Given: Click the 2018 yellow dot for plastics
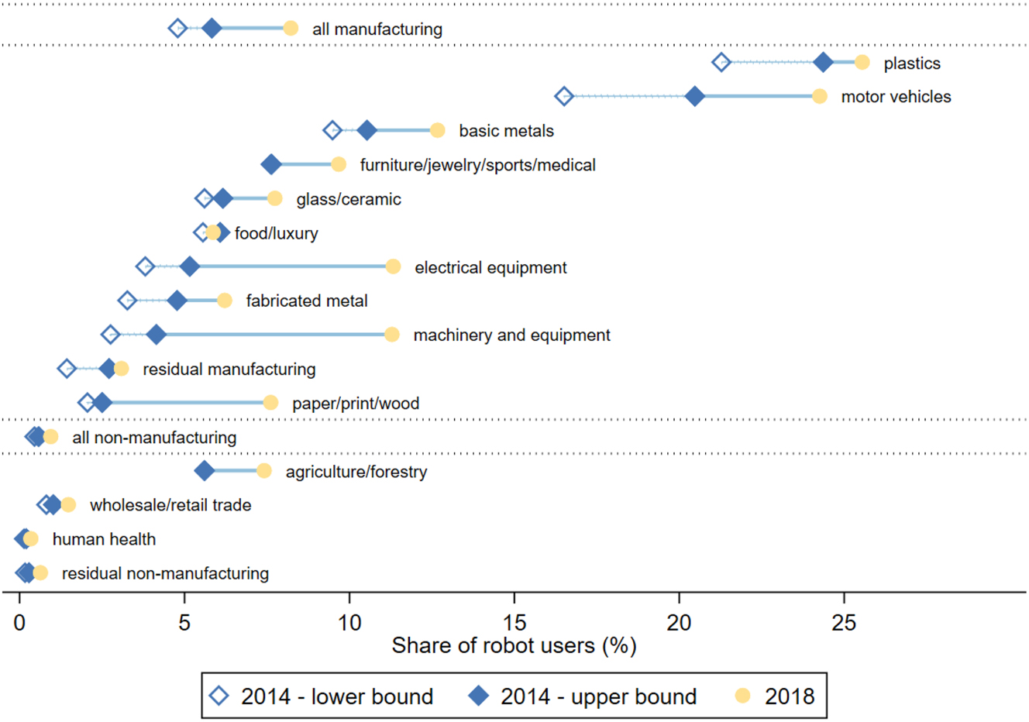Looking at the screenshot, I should (x=862, y=63).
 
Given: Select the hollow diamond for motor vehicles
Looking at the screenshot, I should (x=564, y=96).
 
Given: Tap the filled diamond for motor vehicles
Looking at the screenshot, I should (x=695, y=96).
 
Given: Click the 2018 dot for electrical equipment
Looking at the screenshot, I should (x=393, y=266).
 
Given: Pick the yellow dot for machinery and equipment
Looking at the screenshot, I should (x=392, y=335).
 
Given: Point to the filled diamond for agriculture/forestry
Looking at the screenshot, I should (x=205, y=471).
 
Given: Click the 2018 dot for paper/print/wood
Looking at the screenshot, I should (x=270, y=403).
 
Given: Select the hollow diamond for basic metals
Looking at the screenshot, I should (x=332, y=130).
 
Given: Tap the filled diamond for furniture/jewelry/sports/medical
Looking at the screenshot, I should (x=270, y=164).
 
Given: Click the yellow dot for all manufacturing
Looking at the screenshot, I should (x=291, y=29).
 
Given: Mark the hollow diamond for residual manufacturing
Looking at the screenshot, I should (x=67, y=369).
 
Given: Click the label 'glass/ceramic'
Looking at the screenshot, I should (x=349, y=199).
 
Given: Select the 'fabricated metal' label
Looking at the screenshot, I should (x=307, y=301).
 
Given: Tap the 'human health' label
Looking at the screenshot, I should (x=104, y=539).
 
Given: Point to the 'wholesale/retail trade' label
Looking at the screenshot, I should (x=170, y=505).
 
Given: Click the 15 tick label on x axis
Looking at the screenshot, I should (x=514, y=622).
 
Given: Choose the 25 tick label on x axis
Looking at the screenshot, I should (x=844, y=622).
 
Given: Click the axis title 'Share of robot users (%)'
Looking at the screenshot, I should (x=514, y=645).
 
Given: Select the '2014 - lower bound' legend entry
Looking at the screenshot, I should (x=322, y=696).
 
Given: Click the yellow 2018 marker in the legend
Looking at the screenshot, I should (x=743, y=696).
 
